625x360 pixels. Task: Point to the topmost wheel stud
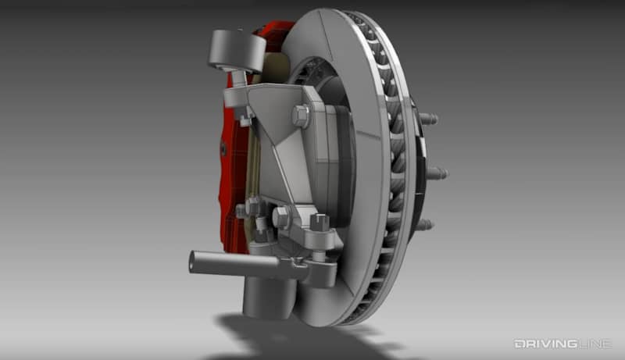(x=427, y=119)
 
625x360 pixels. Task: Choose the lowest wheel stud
(x=423, y=225)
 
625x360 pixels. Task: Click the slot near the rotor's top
(x=328, y=31)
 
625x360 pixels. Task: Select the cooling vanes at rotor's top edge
(x=367, y=31)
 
